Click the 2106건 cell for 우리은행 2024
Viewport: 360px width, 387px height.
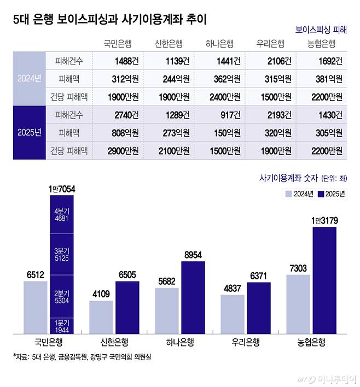tap(280, 61)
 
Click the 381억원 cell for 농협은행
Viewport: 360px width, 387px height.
tap(329, 79)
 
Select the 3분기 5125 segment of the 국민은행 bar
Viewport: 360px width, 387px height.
tap(61, 254)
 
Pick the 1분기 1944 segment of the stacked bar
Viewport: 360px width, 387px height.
tap(61, 326)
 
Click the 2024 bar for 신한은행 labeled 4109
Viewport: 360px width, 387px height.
tap(101, 317)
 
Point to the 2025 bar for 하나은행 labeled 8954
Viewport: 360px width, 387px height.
tap(193, 297)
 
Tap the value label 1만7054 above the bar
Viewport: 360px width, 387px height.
tap(61, 189)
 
